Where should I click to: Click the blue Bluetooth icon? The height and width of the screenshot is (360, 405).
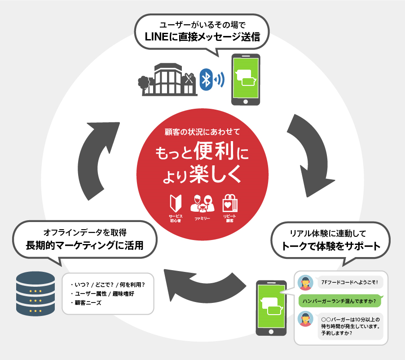pyautogui.click(x=206, y=80)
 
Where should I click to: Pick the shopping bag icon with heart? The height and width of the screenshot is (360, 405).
pyautogui.click(x=230, y=203)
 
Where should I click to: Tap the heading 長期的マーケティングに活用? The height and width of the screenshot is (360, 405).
pyautogui.click(x=85, y=245)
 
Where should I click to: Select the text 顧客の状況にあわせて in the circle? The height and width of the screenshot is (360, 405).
pyautogui.click(x=202, y=132)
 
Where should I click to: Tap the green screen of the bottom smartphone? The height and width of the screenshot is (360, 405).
pyautogui.click(x=271, y=305)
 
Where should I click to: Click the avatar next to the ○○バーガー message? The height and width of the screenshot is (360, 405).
pyautogui.click(x=306, y=319)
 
